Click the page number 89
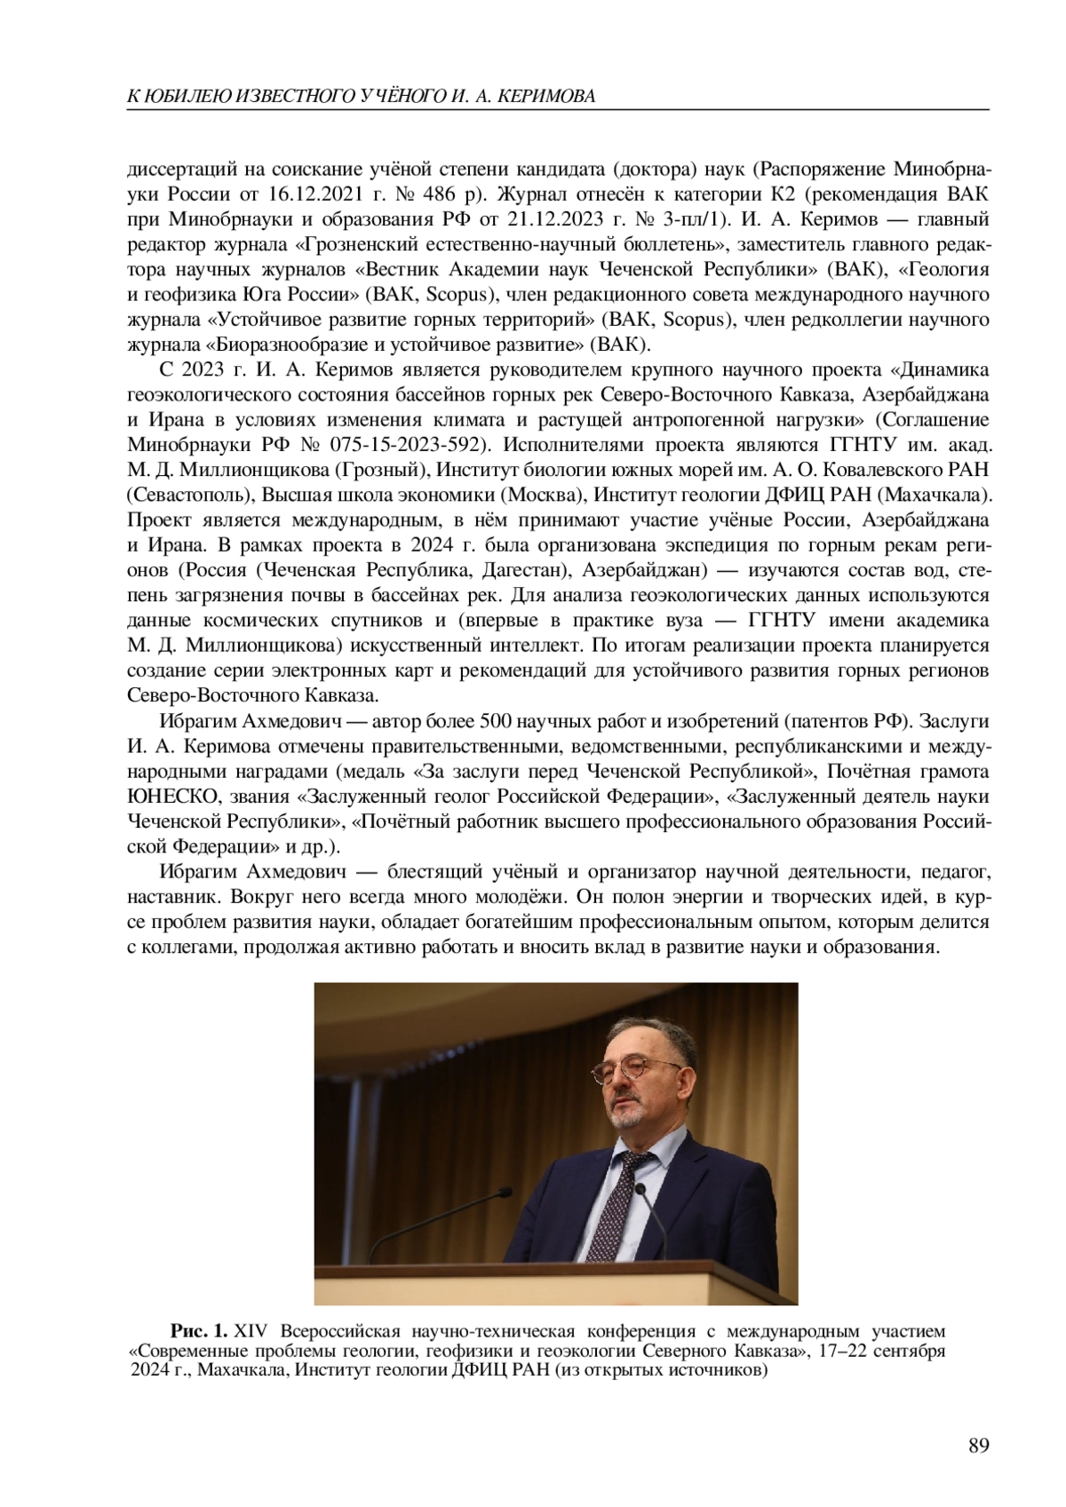click(x=978, y=1447)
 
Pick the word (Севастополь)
click(x=179, y=494)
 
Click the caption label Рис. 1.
click(x=200, y=1331)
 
